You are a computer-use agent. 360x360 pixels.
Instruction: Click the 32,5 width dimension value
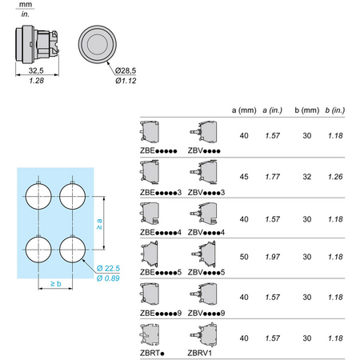pyautogui.click(x=36, y=70)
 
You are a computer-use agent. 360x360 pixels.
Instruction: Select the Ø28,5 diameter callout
pyautogui.click(x=126, y=70)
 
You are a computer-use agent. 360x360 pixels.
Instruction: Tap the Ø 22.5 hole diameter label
pyautogui.click(x=108, y=268)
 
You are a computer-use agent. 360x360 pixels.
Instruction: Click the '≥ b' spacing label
pyautogui.click(x=56, y=283)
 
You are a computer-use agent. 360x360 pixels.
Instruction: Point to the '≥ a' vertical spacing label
pyautogui.click(x=99, y=224)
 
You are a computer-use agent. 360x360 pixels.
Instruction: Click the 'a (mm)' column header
pyautogui.click(x=244, y=110)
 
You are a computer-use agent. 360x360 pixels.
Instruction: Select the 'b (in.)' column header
pyautogui.click(x=335, y=110)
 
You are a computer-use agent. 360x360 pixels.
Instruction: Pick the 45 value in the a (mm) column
pyautogui.click(x=244, y=177)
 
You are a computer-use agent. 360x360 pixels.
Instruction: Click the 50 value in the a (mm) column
pyautogui.click(x=244, y=257)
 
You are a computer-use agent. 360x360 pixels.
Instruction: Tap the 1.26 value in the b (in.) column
pyautogui.click(x=335, y=177)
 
